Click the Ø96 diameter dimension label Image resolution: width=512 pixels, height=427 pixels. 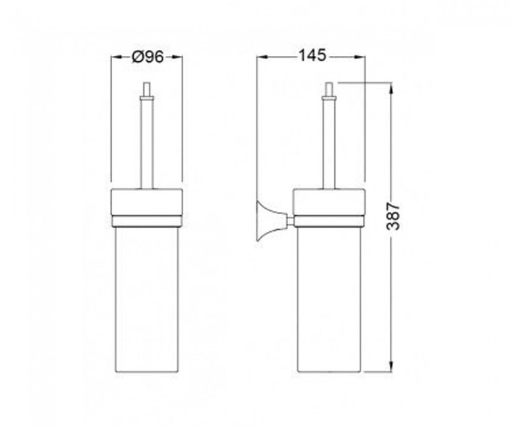[x=148, y=57]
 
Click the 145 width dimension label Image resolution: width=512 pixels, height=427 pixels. [x=312, y=55]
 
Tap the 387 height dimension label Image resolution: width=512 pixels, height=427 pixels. [x=393, y=216]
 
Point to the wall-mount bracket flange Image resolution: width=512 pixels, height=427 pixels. [x=266, y=221]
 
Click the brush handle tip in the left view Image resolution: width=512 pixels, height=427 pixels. [x=146, y=88]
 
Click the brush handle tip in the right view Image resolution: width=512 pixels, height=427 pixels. [x=329, y=88]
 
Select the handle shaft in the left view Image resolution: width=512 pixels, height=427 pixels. [x=146, y=144]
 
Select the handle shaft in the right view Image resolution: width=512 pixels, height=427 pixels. [x=329, y=144]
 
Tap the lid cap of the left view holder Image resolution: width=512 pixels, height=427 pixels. [x=146, y=202]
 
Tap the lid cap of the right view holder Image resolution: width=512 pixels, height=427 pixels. [x=329, y=202]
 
